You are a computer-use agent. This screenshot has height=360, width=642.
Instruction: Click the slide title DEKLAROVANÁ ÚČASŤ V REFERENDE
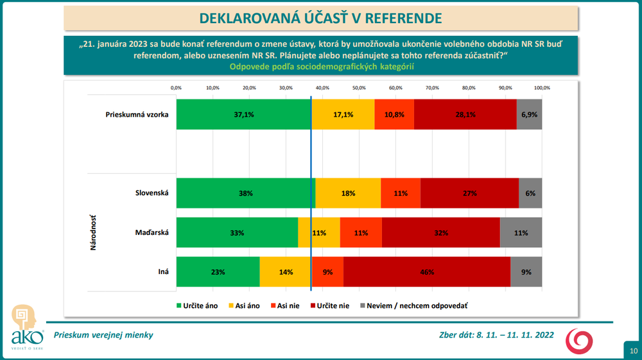(321, 17)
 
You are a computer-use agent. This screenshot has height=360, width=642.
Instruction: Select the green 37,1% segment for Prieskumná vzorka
(244, 114)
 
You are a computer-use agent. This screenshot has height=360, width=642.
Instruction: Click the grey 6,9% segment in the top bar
(529, 114)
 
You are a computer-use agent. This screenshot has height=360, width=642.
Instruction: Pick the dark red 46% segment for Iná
(426, 272)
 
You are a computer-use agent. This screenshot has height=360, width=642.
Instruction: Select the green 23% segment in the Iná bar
(218, 272)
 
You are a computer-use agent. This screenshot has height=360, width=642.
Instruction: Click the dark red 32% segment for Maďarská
(440, 232)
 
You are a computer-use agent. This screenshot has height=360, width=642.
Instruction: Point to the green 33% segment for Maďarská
(237, 232)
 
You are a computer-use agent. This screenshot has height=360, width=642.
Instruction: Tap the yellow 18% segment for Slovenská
(349, 193)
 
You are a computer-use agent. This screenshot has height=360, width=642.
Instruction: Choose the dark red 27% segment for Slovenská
(469, 193)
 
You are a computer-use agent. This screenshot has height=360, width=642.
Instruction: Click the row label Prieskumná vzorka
(137, 115)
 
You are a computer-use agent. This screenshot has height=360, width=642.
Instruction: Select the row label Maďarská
(152, 232)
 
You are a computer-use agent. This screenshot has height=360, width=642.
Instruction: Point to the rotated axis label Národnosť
(93, 232)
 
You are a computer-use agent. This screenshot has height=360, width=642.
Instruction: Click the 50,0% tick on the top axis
(359, 87)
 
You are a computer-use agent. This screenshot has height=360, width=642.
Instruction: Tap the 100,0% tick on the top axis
(542, 87)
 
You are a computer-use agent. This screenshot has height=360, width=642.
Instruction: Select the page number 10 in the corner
(633, 350)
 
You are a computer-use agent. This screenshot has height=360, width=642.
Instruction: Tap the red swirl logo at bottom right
(578, 340)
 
